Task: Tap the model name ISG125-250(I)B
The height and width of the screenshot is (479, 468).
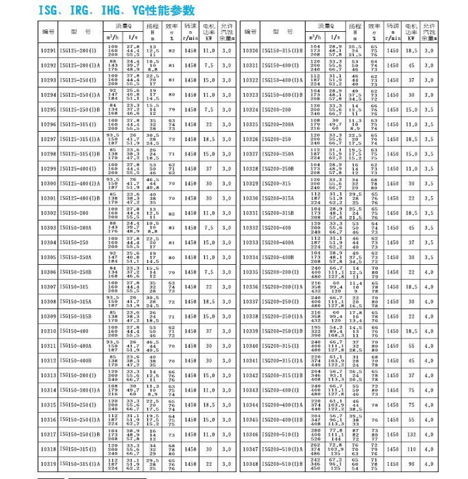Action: (80, 109)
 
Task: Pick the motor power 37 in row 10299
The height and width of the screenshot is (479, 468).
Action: (208, 169)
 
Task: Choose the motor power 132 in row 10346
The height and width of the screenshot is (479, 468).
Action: (411, 435)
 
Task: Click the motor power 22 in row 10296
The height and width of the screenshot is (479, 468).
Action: (208, 124)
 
